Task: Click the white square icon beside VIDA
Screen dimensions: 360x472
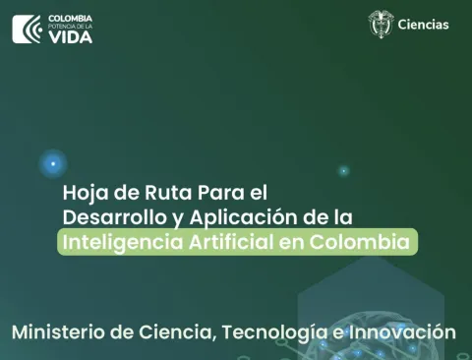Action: click(28, 30)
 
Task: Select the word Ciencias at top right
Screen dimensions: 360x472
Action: click(424, 25)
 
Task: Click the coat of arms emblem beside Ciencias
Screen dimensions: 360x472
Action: click(381, 25)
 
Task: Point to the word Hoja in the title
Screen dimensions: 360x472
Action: click(84, 192)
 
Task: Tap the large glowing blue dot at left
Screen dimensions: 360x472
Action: click(53, 164)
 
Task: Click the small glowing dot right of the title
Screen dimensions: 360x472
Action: click(343, 171)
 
